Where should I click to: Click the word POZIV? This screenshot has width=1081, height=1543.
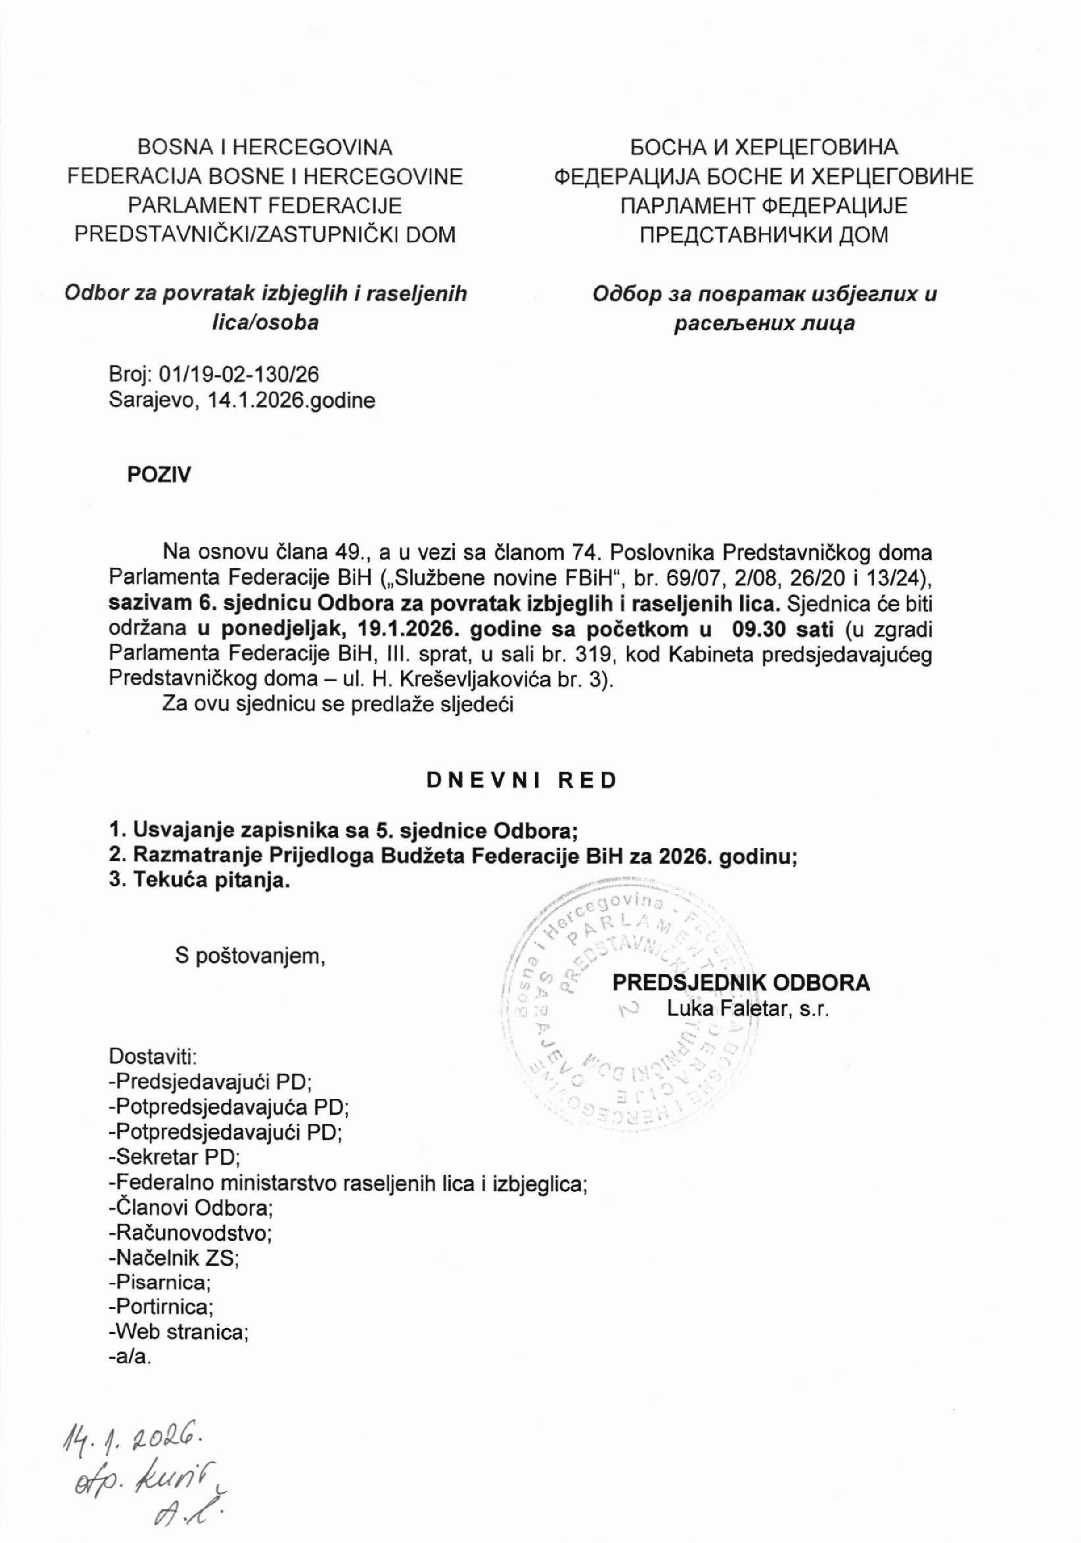click(x=159, y=474)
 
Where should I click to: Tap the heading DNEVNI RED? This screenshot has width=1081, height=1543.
click(x=521, y=780)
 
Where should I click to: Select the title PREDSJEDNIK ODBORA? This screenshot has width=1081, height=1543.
click(x=740, y=983)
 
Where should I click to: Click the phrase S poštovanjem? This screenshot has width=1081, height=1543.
click(x=250, y=956)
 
